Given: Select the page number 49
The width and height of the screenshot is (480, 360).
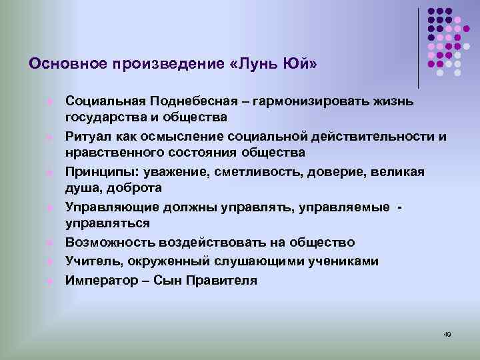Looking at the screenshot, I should tap(447, 334).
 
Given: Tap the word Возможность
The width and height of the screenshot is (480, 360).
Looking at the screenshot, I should tap(103, 243).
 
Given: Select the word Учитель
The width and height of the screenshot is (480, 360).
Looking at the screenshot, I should tap(90, 261).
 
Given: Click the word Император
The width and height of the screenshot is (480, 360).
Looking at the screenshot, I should tap(97, 280).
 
